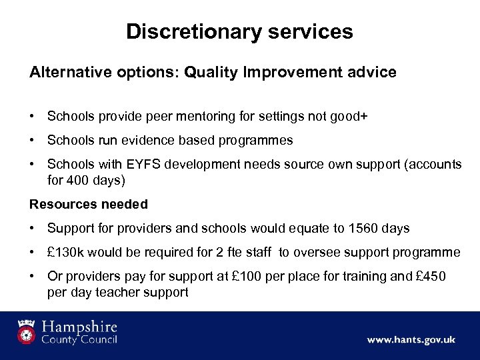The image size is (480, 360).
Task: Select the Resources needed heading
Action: tap(89, 204)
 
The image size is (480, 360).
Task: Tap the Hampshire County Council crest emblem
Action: tap(27, 332)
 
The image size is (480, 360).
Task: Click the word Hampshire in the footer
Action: tap(81, 327)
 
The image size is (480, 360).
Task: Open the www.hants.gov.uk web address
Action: tap(411, 340)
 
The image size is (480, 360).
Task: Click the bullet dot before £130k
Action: tap(33, 252)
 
